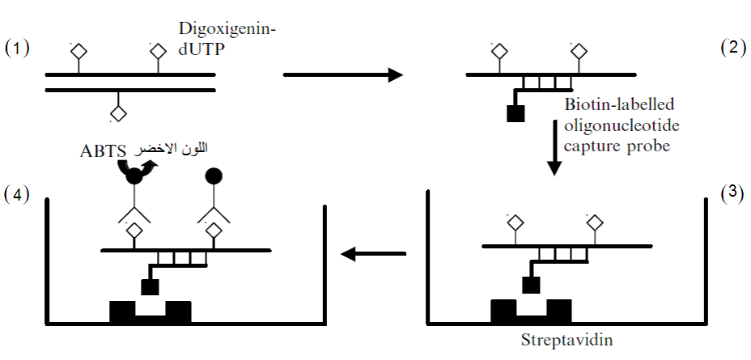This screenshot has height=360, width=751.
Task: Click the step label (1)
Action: (x=18, y=48)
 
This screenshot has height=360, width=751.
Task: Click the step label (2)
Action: (x=733, y=46)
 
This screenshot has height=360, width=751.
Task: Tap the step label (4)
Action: (x=18, y=195)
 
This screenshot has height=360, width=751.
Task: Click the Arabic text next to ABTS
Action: (x=175, y=148)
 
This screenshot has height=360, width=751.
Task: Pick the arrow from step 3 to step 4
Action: (x=373, y=254)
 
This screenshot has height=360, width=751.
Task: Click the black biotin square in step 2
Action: (x=516, y=113)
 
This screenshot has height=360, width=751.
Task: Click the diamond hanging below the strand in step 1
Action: (x=119, y=112)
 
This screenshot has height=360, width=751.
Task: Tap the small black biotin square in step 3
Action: (x=531, y=284)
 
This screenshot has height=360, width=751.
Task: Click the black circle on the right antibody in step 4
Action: (x=214, y=175)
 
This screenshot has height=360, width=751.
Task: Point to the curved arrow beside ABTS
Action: (x=147, y=167)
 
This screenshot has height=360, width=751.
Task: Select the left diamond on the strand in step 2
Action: (x=499, y=53)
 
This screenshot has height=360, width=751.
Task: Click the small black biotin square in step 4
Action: (x=149, y=286)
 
